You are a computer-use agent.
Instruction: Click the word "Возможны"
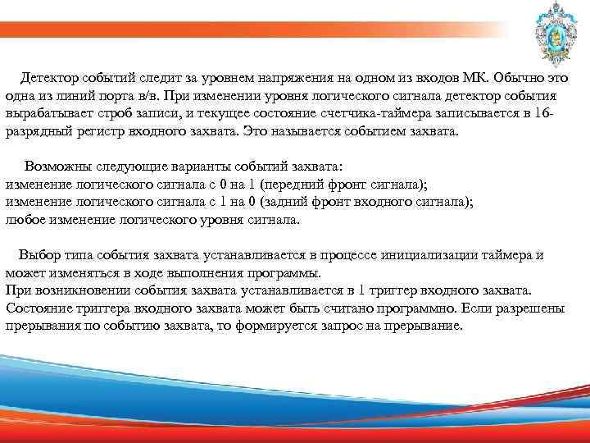pos(55,166)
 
